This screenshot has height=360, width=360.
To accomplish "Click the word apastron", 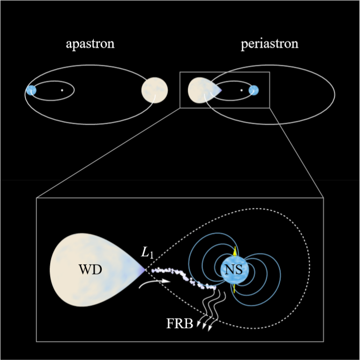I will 90,45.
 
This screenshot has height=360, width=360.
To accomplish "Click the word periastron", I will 270,45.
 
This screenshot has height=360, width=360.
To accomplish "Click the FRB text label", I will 180,323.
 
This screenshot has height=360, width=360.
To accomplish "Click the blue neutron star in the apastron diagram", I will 31,90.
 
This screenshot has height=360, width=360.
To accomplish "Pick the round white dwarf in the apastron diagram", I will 155,90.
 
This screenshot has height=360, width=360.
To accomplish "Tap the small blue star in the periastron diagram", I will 254,90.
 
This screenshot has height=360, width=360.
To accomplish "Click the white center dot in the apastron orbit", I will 62,90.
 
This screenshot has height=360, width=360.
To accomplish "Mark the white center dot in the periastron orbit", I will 241,90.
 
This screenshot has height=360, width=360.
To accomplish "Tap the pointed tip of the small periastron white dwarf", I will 220,90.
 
